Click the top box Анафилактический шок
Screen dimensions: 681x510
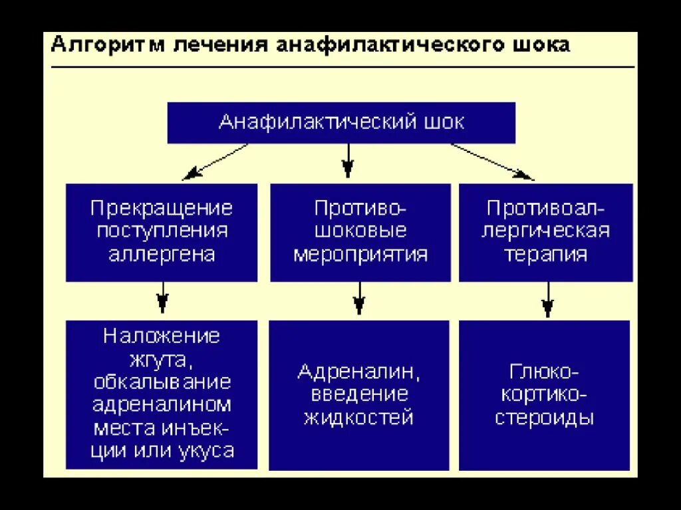[341, 123]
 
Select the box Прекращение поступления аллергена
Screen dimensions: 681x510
[162, 232]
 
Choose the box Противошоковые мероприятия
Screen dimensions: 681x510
[360, 232]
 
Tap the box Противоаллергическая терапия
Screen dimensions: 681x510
[546, 232]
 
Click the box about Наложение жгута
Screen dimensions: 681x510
[162, 394]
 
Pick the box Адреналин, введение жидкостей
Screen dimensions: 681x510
[359, 394]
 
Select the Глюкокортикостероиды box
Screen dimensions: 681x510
[545, 394]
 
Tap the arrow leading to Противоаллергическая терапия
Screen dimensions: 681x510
[492, 162]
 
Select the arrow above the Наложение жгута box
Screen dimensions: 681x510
[162, 298]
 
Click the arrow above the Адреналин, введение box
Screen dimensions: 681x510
[359, 298]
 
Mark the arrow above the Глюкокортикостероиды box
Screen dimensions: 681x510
[547, 299]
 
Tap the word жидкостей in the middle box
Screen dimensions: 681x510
[359, 418]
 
